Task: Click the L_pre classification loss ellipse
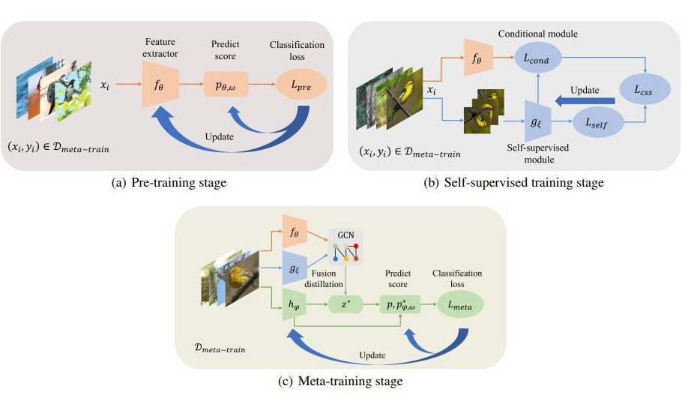pos(301,86)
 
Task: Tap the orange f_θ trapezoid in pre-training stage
pos(158,85)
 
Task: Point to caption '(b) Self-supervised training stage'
pos(513,182)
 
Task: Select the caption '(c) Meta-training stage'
pos(341,382)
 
